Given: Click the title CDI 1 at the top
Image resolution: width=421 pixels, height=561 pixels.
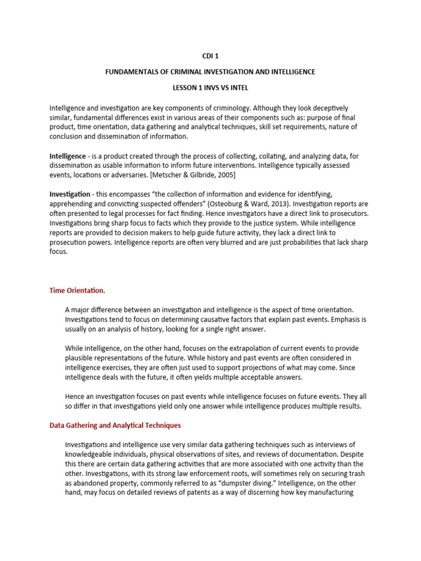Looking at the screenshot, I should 210,56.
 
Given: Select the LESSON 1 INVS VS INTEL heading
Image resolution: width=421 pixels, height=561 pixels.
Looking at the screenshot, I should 210,88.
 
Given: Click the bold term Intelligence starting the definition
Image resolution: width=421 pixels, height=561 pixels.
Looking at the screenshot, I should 67,156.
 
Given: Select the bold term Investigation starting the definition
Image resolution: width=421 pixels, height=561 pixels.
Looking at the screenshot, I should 70,194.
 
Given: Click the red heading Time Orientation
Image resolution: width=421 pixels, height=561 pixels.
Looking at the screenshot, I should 77,290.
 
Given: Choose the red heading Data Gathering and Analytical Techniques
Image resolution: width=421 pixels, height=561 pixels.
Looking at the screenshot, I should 115,425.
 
